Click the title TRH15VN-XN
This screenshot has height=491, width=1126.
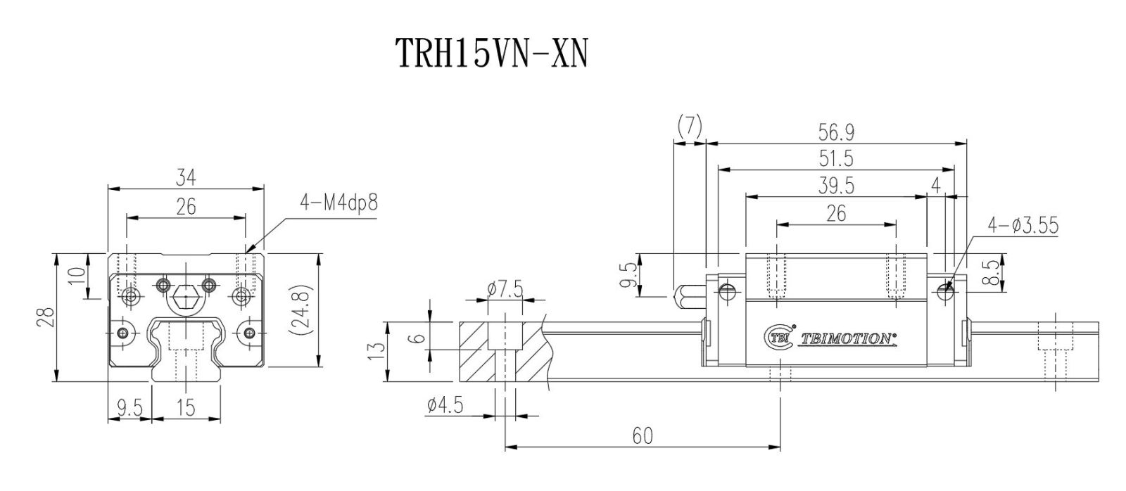coord(490,53)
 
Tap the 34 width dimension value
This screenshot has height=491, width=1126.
coord(186,179)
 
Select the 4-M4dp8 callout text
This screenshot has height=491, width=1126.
coord(339,203)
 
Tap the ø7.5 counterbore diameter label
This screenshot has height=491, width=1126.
coord(505,289)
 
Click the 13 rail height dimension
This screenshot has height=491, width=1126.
coord(377,350)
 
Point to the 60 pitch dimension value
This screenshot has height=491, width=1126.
coord(642,436)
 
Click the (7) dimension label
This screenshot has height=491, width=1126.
coord(689,126)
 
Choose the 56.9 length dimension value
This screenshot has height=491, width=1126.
coord(835,132)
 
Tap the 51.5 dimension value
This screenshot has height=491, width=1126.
coord(835,158)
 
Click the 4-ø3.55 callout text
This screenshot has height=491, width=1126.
coord(1023,225)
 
